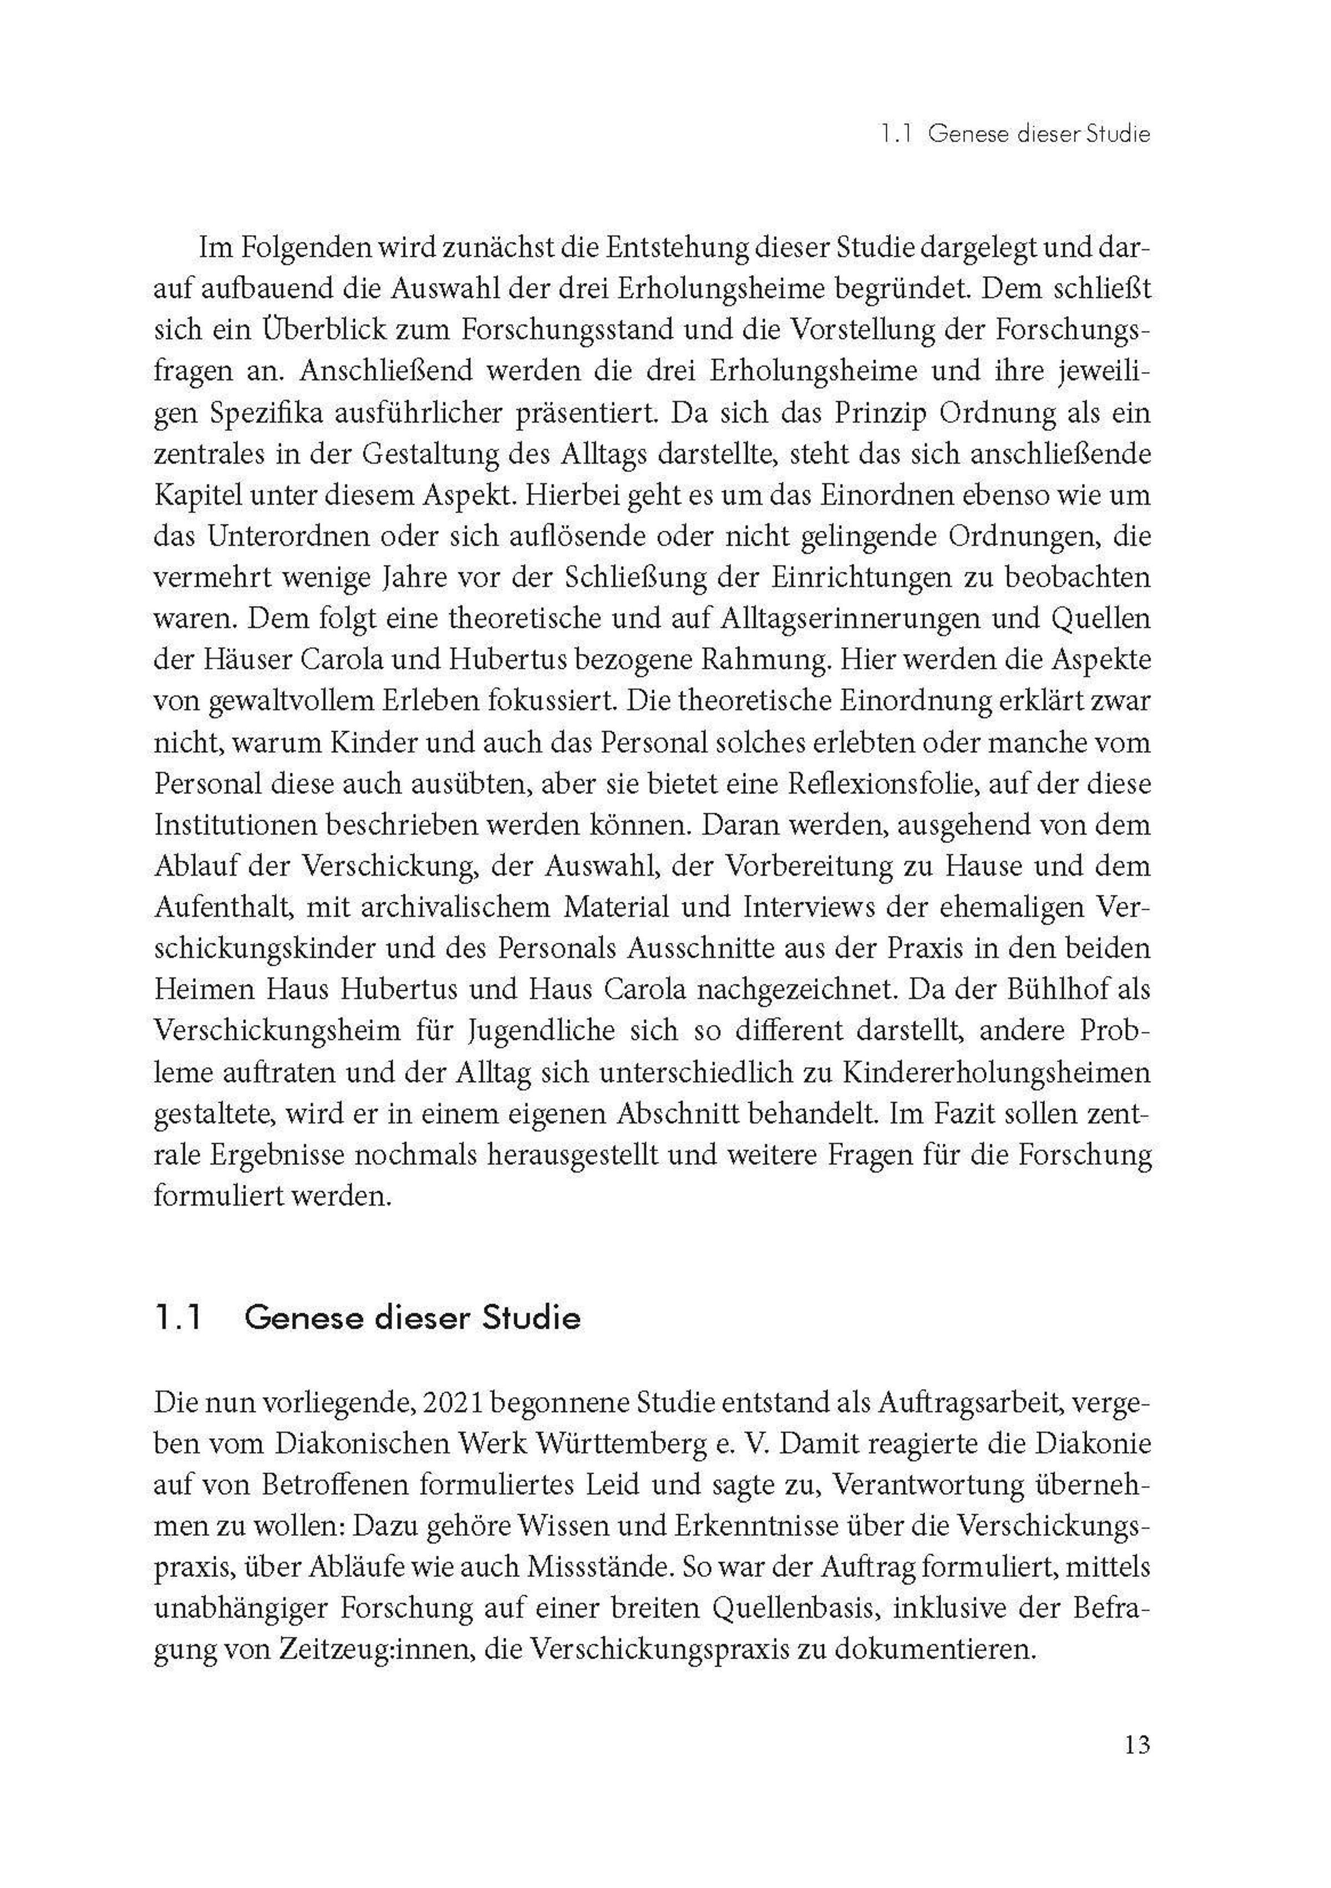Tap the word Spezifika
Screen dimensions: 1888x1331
[x=265, y=413]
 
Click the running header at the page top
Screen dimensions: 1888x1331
[x=1014, y=134]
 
